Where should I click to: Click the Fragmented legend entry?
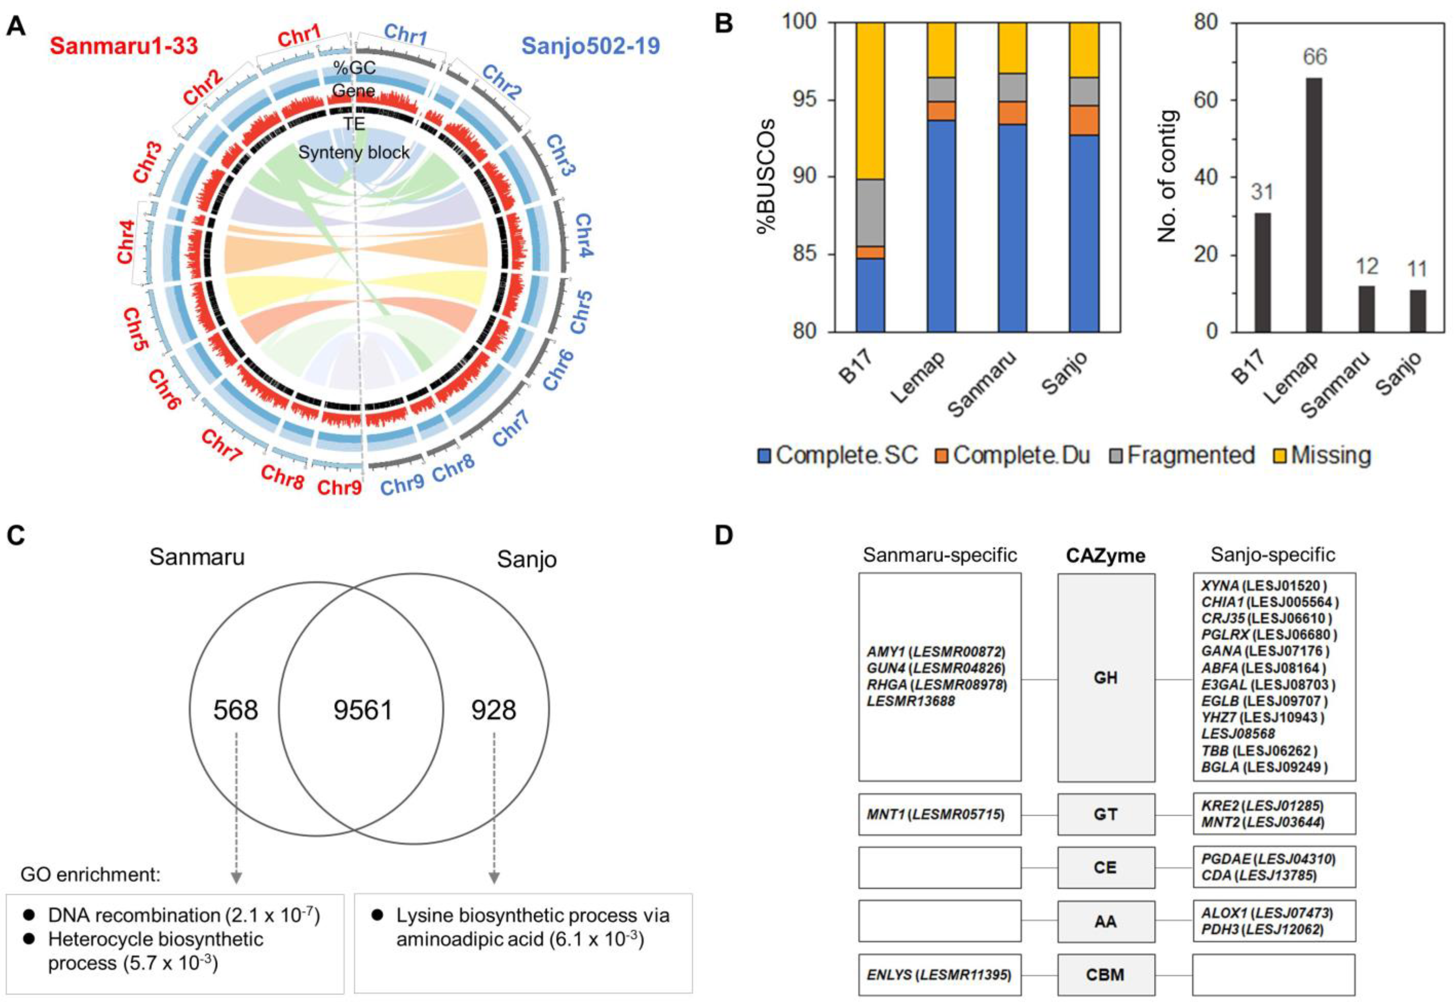(1182, 455)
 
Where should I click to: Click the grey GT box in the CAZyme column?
(1105, 814)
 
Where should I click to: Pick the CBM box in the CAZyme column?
(1105, 974)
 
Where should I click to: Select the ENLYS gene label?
(889, 974)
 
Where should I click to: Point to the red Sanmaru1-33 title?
(124, 46)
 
